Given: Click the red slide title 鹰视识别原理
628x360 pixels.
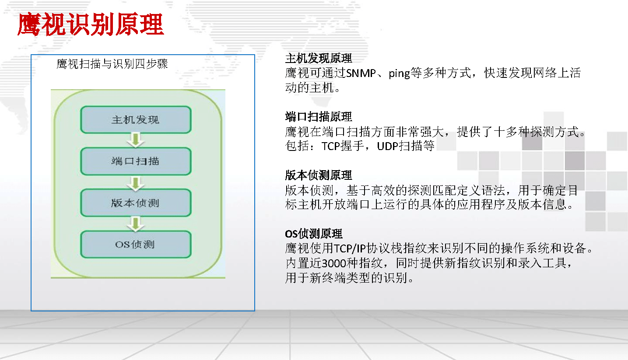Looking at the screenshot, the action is pyautogui.click(x=91, y=24).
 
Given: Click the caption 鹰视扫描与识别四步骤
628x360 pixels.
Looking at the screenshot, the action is pyautogui.click(x=112, y=64).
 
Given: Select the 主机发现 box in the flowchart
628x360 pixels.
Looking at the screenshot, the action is pyautogui.click(x=136, y=119).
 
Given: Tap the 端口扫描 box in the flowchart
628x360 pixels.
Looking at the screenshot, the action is pyautogui.click(x=136, y=161).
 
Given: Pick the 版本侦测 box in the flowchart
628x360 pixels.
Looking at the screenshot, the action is pyautogui.click(x=136, y=203).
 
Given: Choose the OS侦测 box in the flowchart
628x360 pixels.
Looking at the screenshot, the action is pyautogui.click(x=136, y=244).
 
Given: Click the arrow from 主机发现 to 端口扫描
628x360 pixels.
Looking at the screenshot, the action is pyautogui.click(x=136, y=140).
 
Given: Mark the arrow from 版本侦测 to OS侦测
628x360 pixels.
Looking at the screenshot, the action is pyautogui.click(x=136, y=224).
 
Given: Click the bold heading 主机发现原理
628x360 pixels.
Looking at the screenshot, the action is pyautogui.click(x=319, y=58).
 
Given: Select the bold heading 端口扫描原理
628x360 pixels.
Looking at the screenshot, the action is pyautogui.click(x=319, y=116).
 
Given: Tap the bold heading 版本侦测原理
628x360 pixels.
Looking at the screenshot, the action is pyautogui.click(x=319, y=175).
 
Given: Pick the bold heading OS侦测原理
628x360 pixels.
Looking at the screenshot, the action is pyautogui.click(x=314, y=234).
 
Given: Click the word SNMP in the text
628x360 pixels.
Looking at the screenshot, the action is pyautogui.click(x=361, y=73).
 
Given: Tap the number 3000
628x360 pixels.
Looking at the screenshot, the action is pyautogui.click(x=334, y=263).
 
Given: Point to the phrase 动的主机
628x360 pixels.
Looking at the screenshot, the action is pyautogui.click(x=309, y=87).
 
